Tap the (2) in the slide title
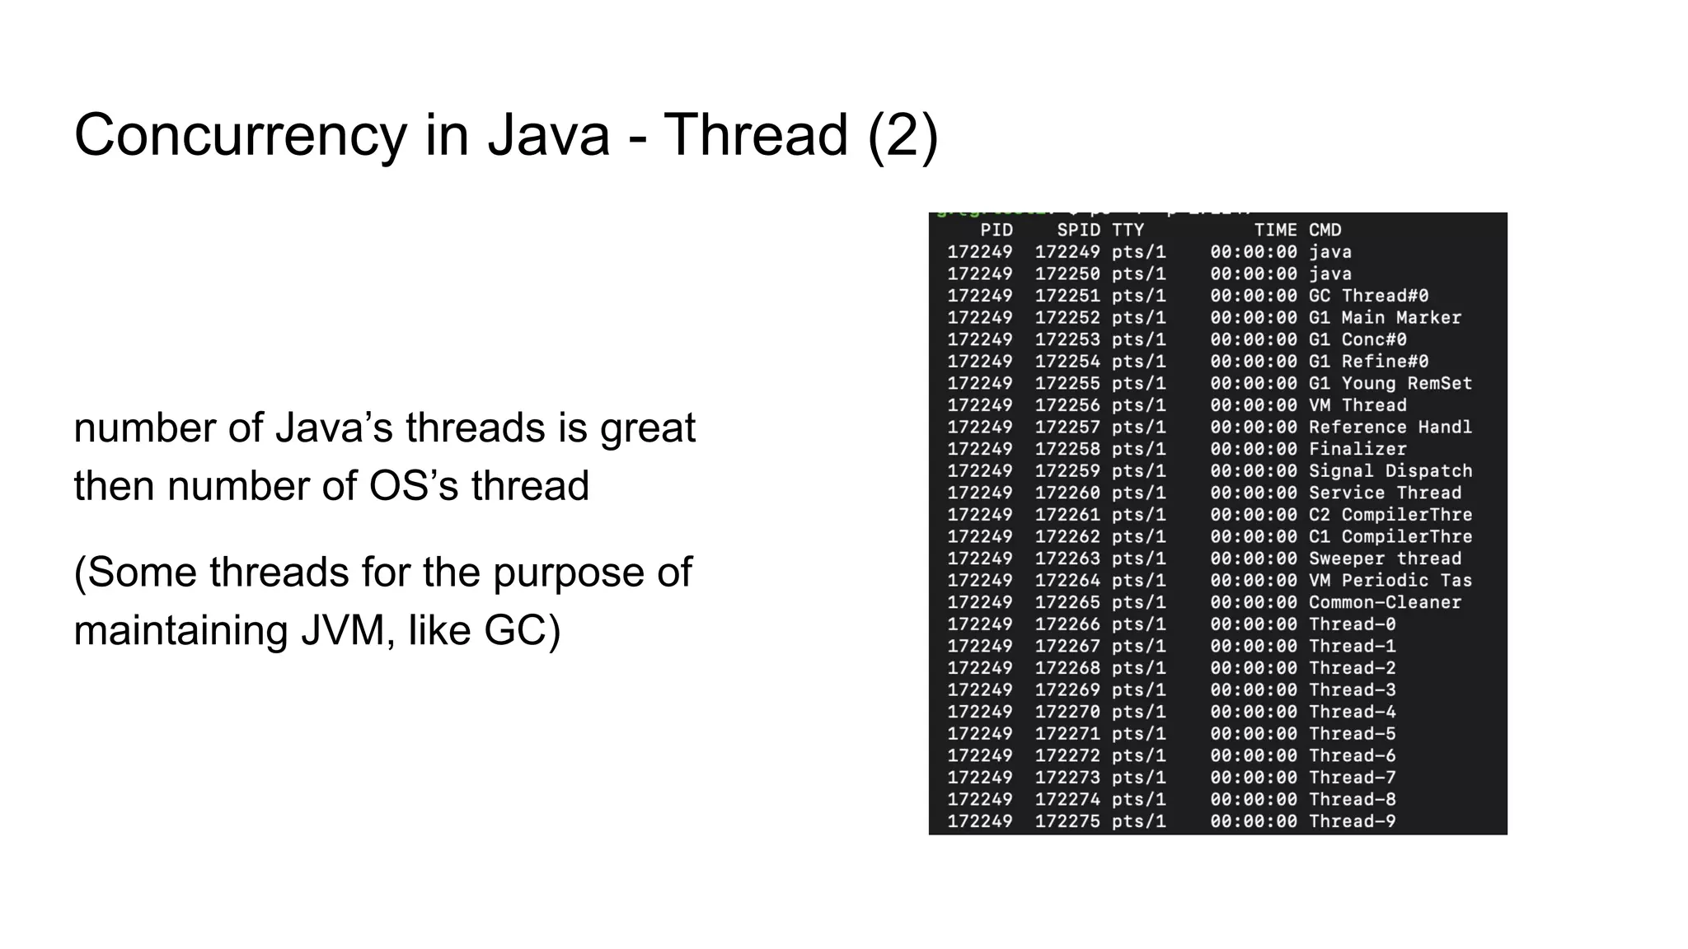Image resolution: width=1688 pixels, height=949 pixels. click(903, 136)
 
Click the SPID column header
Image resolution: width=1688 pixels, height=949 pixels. click(1078, 231)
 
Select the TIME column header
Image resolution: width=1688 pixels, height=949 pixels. click(1275, 231)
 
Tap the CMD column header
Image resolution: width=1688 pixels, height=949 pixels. click(1325, 231)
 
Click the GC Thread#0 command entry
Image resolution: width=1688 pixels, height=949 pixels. click(1368, 296)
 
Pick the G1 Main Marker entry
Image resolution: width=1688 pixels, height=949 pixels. click(1385, 318)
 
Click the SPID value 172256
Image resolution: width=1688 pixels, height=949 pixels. click(1067, 405)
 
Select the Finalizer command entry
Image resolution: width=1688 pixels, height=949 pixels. click(1357, 449)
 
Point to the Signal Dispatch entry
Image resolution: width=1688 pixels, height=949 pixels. click(1390, 471)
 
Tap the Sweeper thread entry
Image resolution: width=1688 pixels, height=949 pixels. click(1385, 559)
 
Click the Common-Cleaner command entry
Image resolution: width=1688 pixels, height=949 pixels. click(1385, 602)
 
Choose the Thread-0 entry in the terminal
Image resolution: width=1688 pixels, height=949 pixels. click(1352, 624)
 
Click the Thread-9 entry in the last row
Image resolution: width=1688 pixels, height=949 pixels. click(1352, 821)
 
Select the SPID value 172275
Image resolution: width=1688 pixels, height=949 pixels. click(1067, 821)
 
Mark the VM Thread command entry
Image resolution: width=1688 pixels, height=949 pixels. click(1357, 405)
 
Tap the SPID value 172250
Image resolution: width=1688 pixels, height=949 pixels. click(1067, 274)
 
